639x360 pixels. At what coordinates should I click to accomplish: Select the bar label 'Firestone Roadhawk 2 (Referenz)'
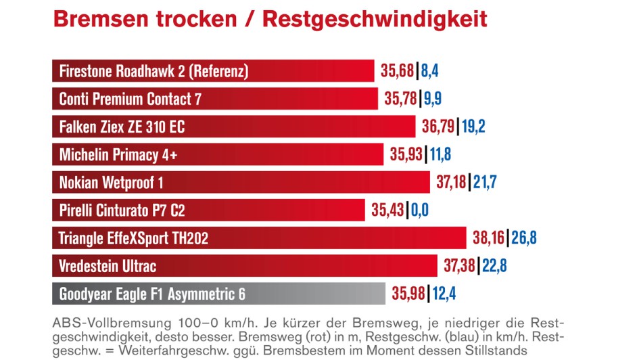coord(153,71)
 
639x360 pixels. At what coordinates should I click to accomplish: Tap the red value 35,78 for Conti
coord(401,99)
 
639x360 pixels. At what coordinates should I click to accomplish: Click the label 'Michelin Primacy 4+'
coord(118,154)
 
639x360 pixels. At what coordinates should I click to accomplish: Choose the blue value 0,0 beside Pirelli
coord(420,210)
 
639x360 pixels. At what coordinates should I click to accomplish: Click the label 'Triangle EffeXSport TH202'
coord(133,238)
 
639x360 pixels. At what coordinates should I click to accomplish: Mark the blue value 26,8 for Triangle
coord(523,238)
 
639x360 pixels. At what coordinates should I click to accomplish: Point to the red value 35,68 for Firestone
coord(398,71)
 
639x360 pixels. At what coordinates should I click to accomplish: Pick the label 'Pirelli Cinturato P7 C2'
coord(122,210)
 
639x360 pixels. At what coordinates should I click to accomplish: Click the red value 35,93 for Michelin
coord(406,154)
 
